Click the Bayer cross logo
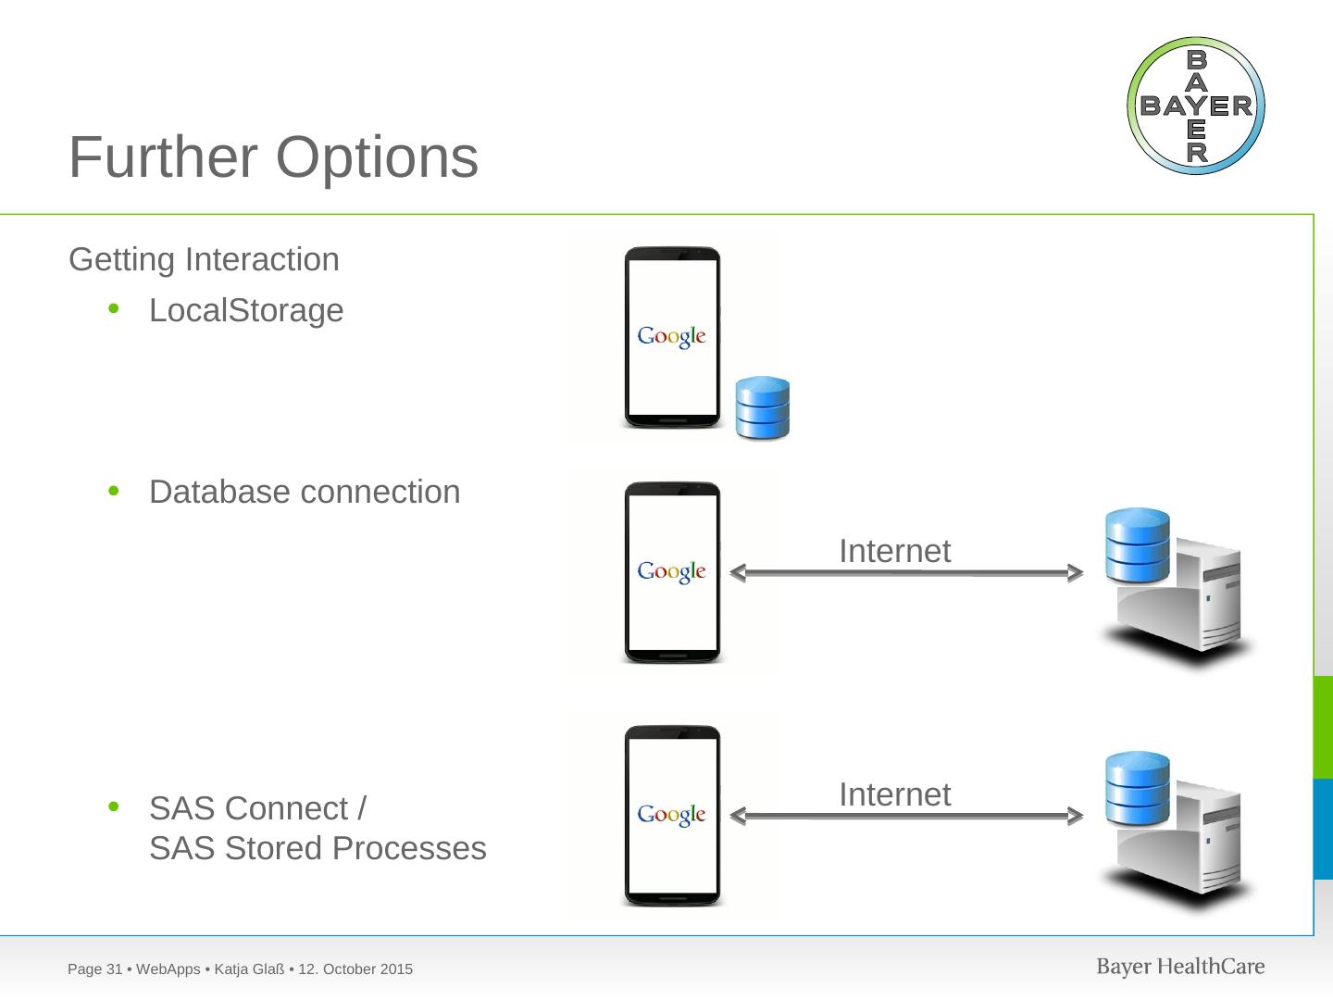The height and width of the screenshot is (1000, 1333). pos(1195,106)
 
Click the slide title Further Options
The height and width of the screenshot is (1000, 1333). pos(273,157)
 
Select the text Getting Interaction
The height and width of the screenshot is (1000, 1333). pos(204,260)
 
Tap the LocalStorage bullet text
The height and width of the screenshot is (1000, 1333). pos(246,311)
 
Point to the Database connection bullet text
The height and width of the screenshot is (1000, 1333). pos(305,493)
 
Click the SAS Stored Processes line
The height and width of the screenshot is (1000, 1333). pos(318,849)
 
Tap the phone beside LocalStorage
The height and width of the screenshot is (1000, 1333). pos(672,338)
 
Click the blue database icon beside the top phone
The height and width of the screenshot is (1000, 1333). pos(762,407)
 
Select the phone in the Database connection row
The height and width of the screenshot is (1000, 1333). pos(672,572)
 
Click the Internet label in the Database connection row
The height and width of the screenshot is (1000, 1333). pos(894,552)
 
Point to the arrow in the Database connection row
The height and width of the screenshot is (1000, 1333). pos(906,573)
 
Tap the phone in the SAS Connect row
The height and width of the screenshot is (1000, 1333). pos(672,816)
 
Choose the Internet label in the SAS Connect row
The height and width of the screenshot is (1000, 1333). pos(894,795)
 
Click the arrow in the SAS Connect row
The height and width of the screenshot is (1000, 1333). pos(906,817)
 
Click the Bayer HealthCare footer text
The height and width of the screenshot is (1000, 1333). pos(1180,968)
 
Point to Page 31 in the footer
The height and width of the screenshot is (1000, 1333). pos(95,969)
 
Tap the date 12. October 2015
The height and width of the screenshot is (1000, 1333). pos(356,969)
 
